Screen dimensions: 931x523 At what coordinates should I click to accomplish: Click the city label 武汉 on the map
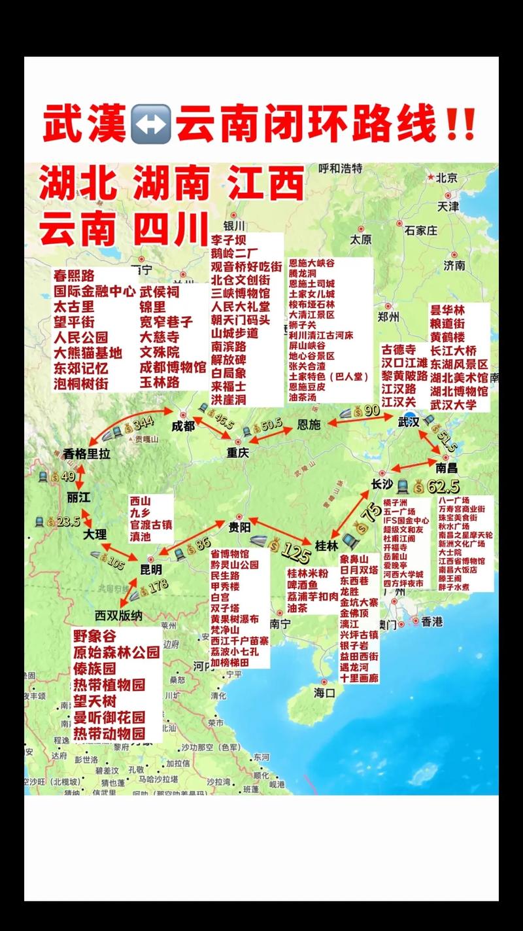tap(409, 422)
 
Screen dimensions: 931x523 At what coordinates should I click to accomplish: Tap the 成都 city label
tap(183, 426)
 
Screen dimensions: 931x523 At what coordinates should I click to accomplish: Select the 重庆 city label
tap(239, 453)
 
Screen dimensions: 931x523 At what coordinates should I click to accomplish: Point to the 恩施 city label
tap(309, 425)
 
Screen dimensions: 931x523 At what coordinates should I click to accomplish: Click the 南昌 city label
tap(447, 468)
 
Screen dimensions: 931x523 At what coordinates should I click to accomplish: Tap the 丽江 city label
tap(78, 497)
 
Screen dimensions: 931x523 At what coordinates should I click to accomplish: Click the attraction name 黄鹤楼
tap(447, 338)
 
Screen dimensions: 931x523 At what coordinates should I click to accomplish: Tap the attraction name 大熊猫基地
tap(88, 353)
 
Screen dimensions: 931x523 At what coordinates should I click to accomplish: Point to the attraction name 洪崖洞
tap(228, 400)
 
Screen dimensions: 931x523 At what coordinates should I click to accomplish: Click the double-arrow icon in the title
tap(150, 124)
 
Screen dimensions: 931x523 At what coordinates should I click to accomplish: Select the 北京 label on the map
tap(446, 177)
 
